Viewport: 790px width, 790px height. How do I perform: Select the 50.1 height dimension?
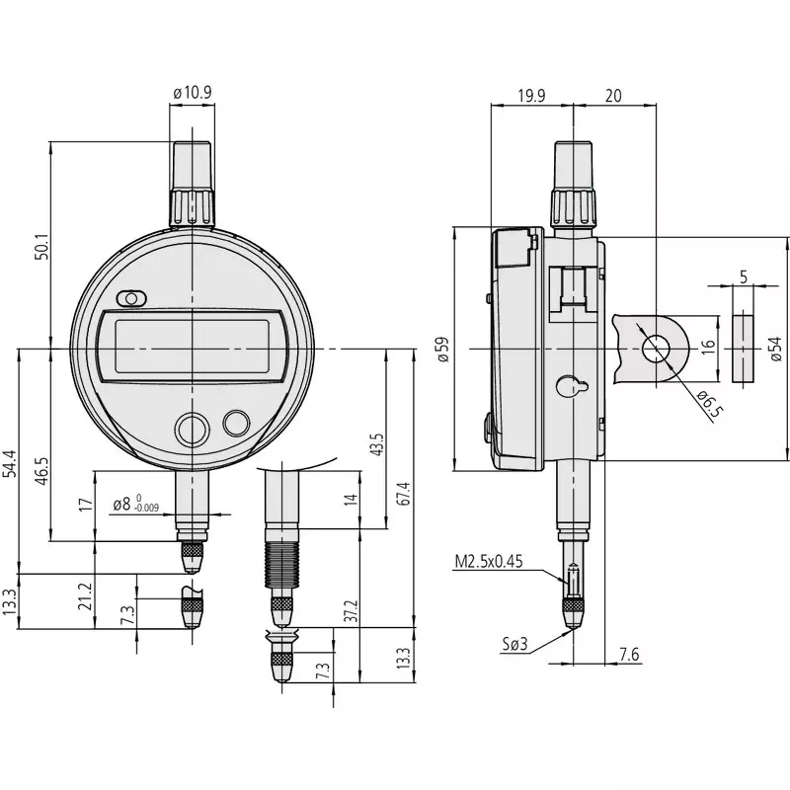(39, 246)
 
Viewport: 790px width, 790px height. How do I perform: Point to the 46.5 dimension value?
(40, 466)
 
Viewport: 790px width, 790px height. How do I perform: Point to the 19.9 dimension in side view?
(531, 95)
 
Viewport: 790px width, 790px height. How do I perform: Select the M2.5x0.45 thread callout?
(488, 562)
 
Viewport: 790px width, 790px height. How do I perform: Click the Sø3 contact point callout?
(514, 644)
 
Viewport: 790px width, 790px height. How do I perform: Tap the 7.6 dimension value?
(628, 655)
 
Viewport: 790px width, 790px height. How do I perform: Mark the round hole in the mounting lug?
(654, 349)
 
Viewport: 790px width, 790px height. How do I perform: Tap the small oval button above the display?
(130, 298)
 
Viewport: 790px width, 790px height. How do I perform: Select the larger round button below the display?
(192, 430)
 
